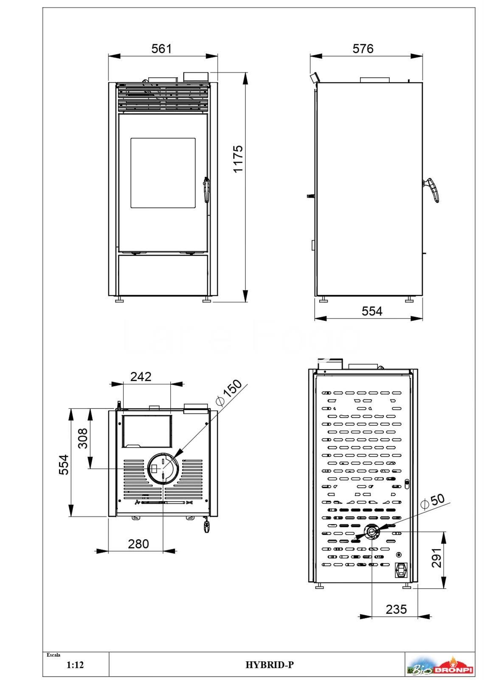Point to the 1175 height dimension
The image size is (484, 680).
tap(238, 159)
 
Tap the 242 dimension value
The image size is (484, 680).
tap(141, 377)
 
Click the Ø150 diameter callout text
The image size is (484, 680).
tap(229, 393)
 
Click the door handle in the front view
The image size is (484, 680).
tap(206, 190)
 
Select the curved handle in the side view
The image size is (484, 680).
tap(432, 190)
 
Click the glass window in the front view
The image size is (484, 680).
tap(163, 173)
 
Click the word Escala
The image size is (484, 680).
tap(53, 655)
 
